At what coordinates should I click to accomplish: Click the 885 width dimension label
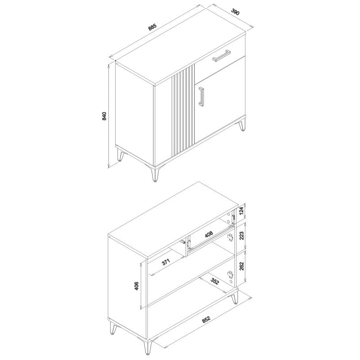[152, 27]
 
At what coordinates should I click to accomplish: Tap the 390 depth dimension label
[235, 12]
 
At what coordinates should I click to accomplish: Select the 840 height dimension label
[104, 117]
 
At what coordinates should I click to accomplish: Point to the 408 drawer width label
[208, 234]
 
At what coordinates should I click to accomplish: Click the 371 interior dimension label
[166, 262]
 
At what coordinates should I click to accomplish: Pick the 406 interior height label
[136, 286]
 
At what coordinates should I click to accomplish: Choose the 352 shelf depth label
[215, 282]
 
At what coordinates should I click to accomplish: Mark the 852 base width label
[206, 319]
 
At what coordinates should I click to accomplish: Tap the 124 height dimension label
[241, 211]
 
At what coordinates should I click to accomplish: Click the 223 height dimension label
[241, 236]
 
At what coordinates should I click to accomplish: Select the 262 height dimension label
[241, 266]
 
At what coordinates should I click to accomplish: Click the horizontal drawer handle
[221, 56]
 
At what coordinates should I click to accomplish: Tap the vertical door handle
[201, 96]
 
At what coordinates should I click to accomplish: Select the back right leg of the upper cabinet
[242, 126]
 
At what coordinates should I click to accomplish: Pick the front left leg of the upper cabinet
[120, 155]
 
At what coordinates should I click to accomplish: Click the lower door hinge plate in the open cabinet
[230, 274]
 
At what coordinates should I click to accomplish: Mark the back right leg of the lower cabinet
[234, 298]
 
